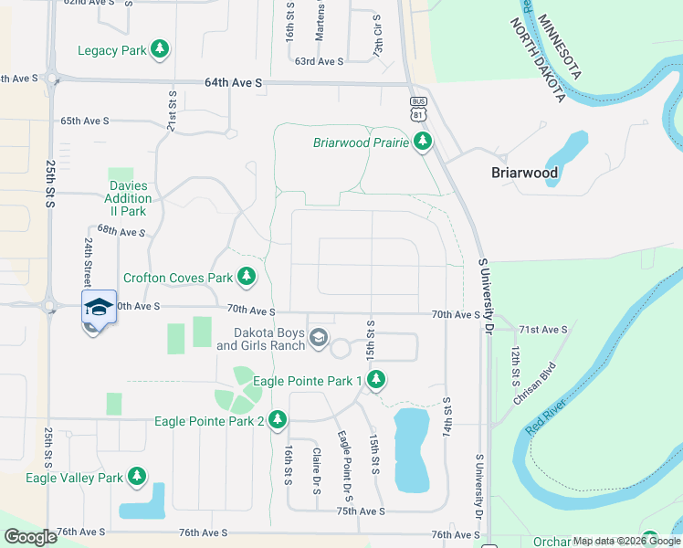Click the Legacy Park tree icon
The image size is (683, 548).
(160, 50)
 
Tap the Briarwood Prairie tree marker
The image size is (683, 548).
(422, 142)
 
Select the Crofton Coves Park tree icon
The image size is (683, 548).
(246, 276)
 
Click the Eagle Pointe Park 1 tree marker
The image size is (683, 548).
(375, 380)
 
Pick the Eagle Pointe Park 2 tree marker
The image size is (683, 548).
(277, 421)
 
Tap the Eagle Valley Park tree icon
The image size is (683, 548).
(136, 477)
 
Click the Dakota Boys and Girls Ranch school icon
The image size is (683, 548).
(318, 339)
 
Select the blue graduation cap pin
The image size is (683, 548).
(99, 308)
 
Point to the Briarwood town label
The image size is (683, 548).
(524, 172)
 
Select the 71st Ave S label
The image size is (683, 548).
(542, 329)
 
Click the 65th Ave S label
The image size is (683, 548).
(84, 121)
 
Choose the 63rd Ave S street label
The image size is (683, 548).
(319, 61)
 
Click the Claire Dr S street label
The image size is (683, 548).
(316, 471)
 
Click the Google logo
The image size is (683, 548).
(30, 537)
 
